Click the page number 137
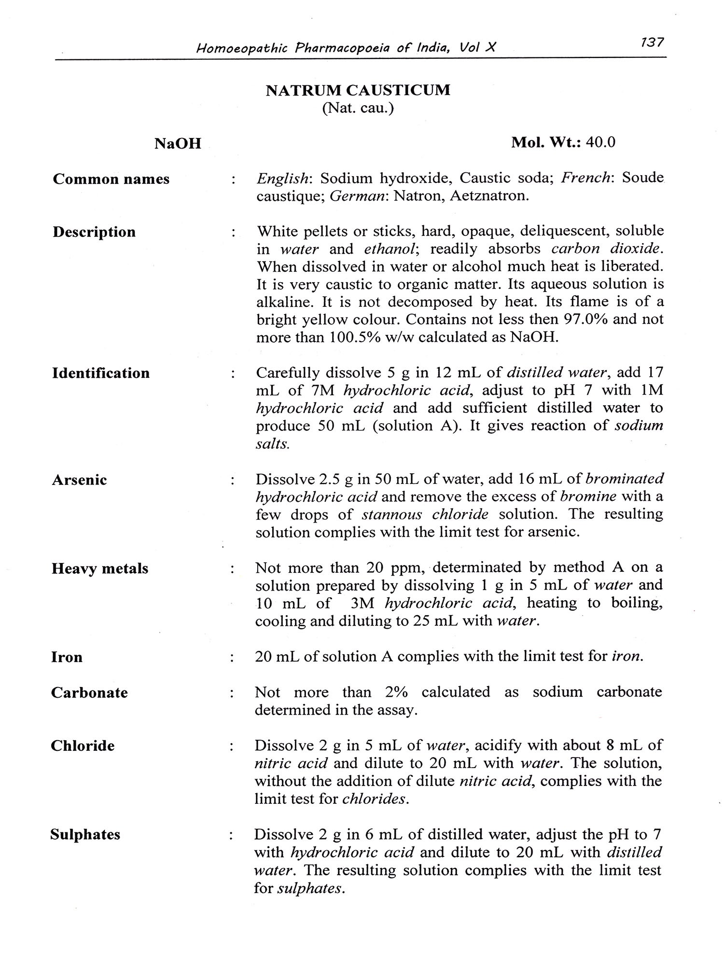pos(653,42)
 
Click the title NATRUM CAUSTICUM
pos(358,90)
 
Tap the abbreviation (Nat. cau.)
pos(358,108)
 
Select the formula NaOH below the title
pos(178,144)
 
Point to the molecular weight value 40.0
pos(600,142)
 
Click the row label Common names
pos(111,179)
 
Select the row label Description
pos(94,232)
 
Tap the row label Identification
pos(101,373)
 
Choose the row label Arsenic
pos(79,480)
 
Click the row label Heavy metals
pos(100,568)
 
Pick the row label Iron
pos(67,657)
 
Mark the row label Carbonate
pos(89,693)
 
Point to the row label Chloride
pos(83,746)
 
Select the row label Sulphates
pos(85,835)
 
